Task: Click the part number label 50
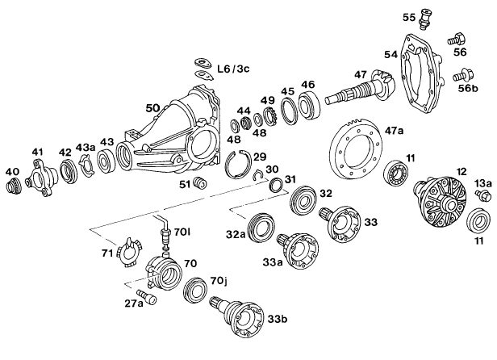coord(152,107)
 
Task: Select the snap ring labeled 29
coord(238,164)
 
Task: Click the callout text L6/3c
coord(232,71)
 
